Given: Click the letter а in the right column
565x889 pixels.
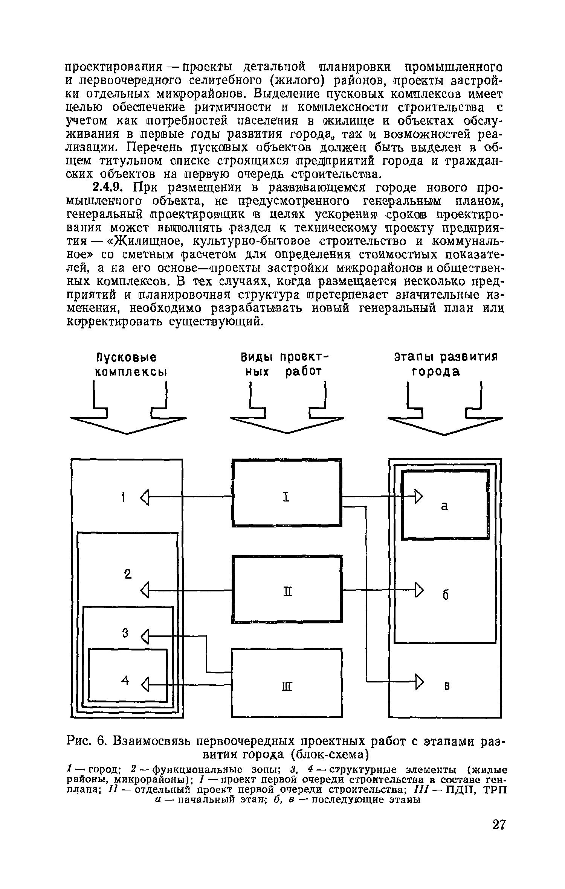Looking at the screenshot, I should (444, 506).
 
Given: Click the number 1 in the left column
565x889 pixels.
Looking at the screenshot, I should (123, 497).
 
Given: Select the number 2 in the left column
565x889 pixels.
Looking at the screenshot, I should (128, 574).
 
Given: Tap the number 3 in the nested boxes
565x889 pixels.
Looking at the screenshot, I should (125, 633).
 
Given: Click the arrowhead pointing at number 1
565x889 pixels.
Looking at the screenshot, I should (145, 497).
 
